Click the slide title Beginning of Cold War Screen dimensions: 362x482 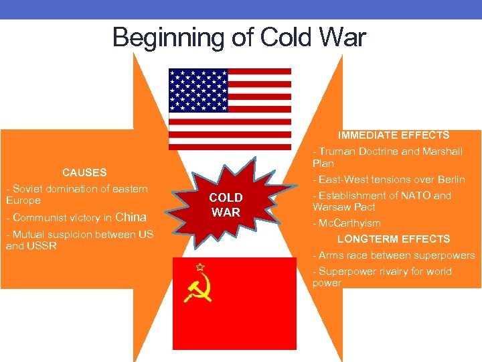coord(239,38)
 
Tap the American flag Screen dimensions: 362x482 coord(230,109)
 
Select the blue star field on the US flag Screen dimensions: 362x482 coord(198,90)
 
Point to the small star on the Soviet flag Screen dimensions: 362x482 coord(199,266)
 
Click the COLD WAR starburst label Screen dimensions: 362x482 coord(226,205)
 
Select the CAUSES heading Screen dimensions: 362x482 coord(84,172)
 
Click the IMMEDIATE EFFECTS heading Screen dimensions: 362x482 coord(394,135)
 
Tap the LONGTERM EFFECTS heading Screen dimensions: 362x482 coord(394,239)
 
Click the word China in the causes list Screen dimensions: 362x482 coord(131,217)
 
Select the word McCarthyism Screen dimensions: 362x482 coord(350,223)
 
